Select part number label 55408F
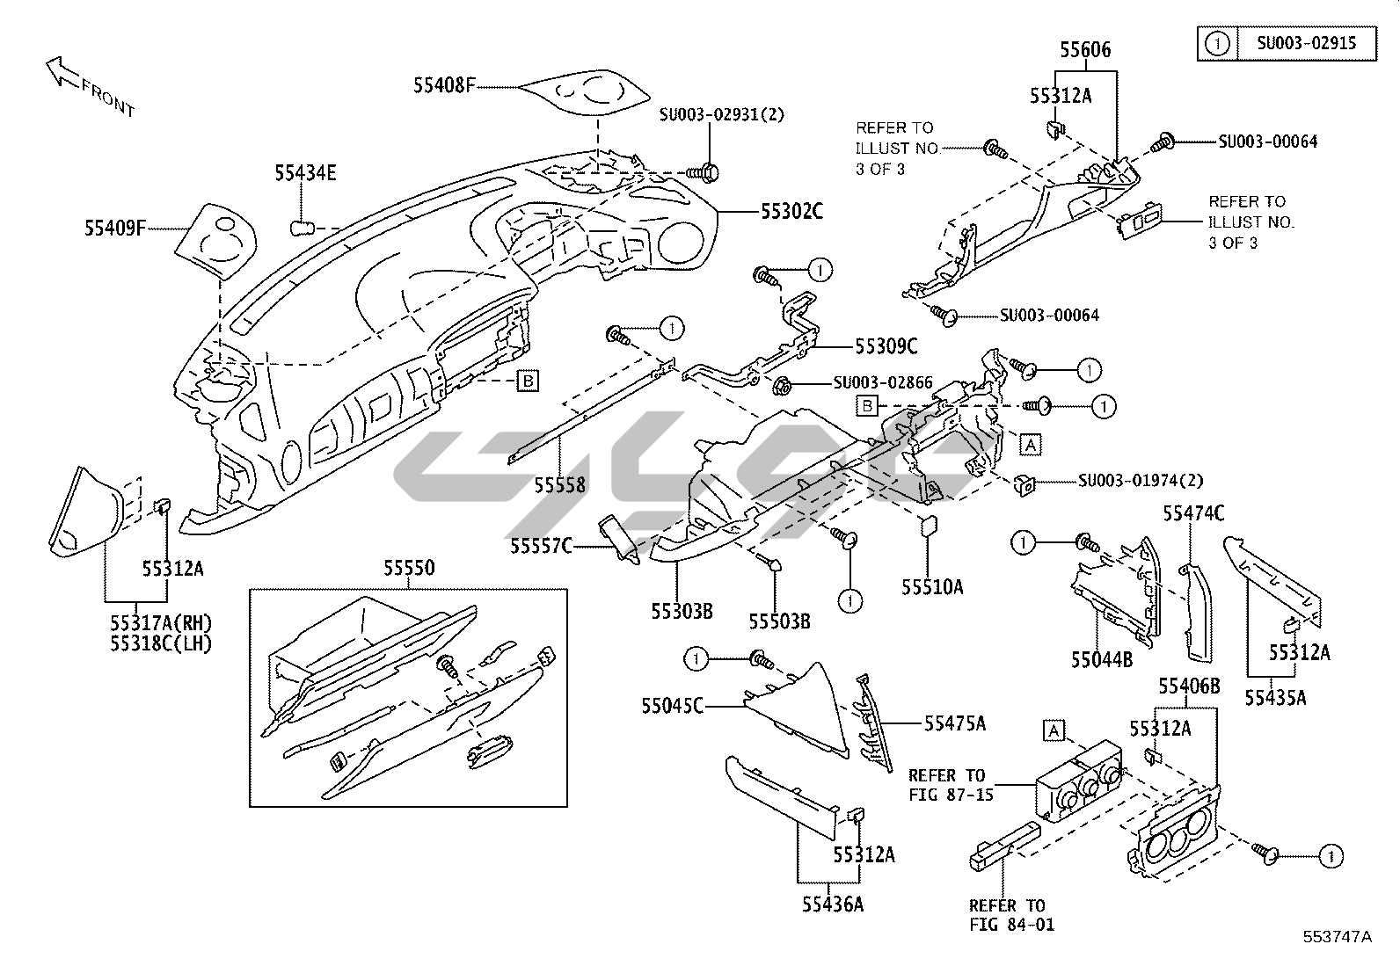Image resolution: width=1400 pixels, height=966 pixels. click(x=444, y=85)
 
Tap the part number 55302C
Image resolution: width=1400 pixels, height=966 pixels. click(x=791, y=212)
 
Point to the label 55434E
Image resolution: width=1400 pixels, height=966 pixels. click(x=306, y=172)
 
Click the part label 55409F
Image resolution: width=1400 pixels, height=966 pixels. click(x=115, y=228)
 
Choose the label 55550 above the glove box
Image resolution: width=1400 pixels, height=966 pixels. click(x=409, y=568)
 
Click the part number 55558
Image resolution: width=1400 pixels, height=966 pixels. click(x=560, y=485)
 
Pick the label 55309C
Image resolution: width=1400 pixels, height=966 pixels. click(x=886, y=346)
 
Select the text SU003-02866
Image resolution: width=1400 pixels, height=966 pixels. click(x=883, y=382)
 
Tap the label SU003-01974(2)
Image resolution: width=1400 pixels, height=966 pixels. click(x=1141, y=481)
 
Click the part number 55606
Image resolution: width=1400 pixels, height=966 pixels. click(x=1086, y=49)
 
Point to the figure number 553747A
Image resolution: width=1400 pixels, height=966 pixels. click(x=1338, y=937)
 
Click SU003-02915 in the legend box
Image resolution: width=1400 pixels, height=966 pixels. click(x=1307, y=43)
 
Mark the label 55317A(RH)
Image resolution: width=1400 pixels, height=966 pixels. click(x=161, y=623)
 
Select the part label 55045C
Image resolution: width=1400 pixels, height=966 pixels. click(x=673, y=706)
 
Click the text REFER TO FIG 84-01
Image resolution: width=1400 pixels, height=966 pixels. click(x=1012, y=915)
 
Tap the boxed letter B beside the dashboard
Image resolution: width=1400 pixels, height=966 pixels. click(x=528, y=381)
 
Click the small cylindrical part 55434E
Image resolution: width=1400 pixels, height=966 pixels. click(x=303, y=228)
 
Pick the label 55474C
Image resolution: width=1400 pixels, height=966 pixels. click(x=1193, y=513)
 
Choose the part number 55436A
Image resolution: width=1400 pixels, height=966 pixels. click(x=833, y=904)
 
